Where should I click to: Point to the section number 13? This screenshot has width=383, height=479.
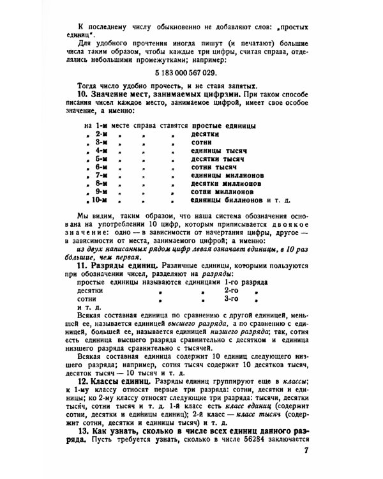pyautogui.click(x=82, y=431)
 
